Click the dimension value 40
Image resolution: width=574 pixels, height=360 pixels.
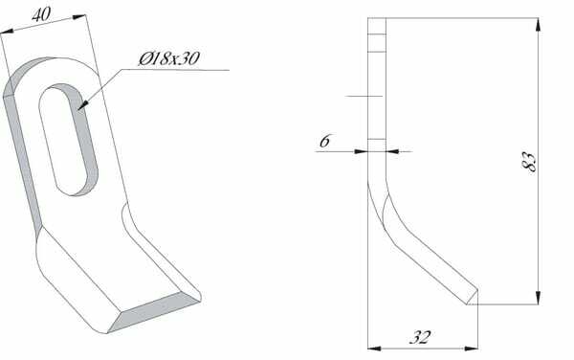(x=41, y=15)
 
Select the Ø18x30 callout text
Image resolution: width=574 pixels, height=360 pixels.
(x=169, y=58)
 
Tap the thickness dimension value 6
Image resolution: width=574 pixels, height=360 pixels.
(x=324, y=141)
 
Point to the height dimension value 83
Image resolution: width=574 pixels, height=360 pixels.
(x=529, y=162)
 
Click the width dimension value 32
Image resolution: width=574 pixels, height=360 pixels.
(x=420, y=337)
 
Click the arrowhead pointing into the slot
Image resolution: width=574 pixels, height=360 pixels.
(x=82, y=105)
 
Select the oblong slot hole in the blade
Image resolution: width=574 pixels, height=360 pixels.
(x=69, y=140)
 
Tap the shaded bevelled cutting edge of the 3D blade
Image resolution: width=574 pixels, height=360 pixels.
(x=154, y=312)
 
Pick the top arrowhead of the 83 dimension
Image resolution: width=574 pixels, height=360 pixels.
(x=538, y=26)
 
